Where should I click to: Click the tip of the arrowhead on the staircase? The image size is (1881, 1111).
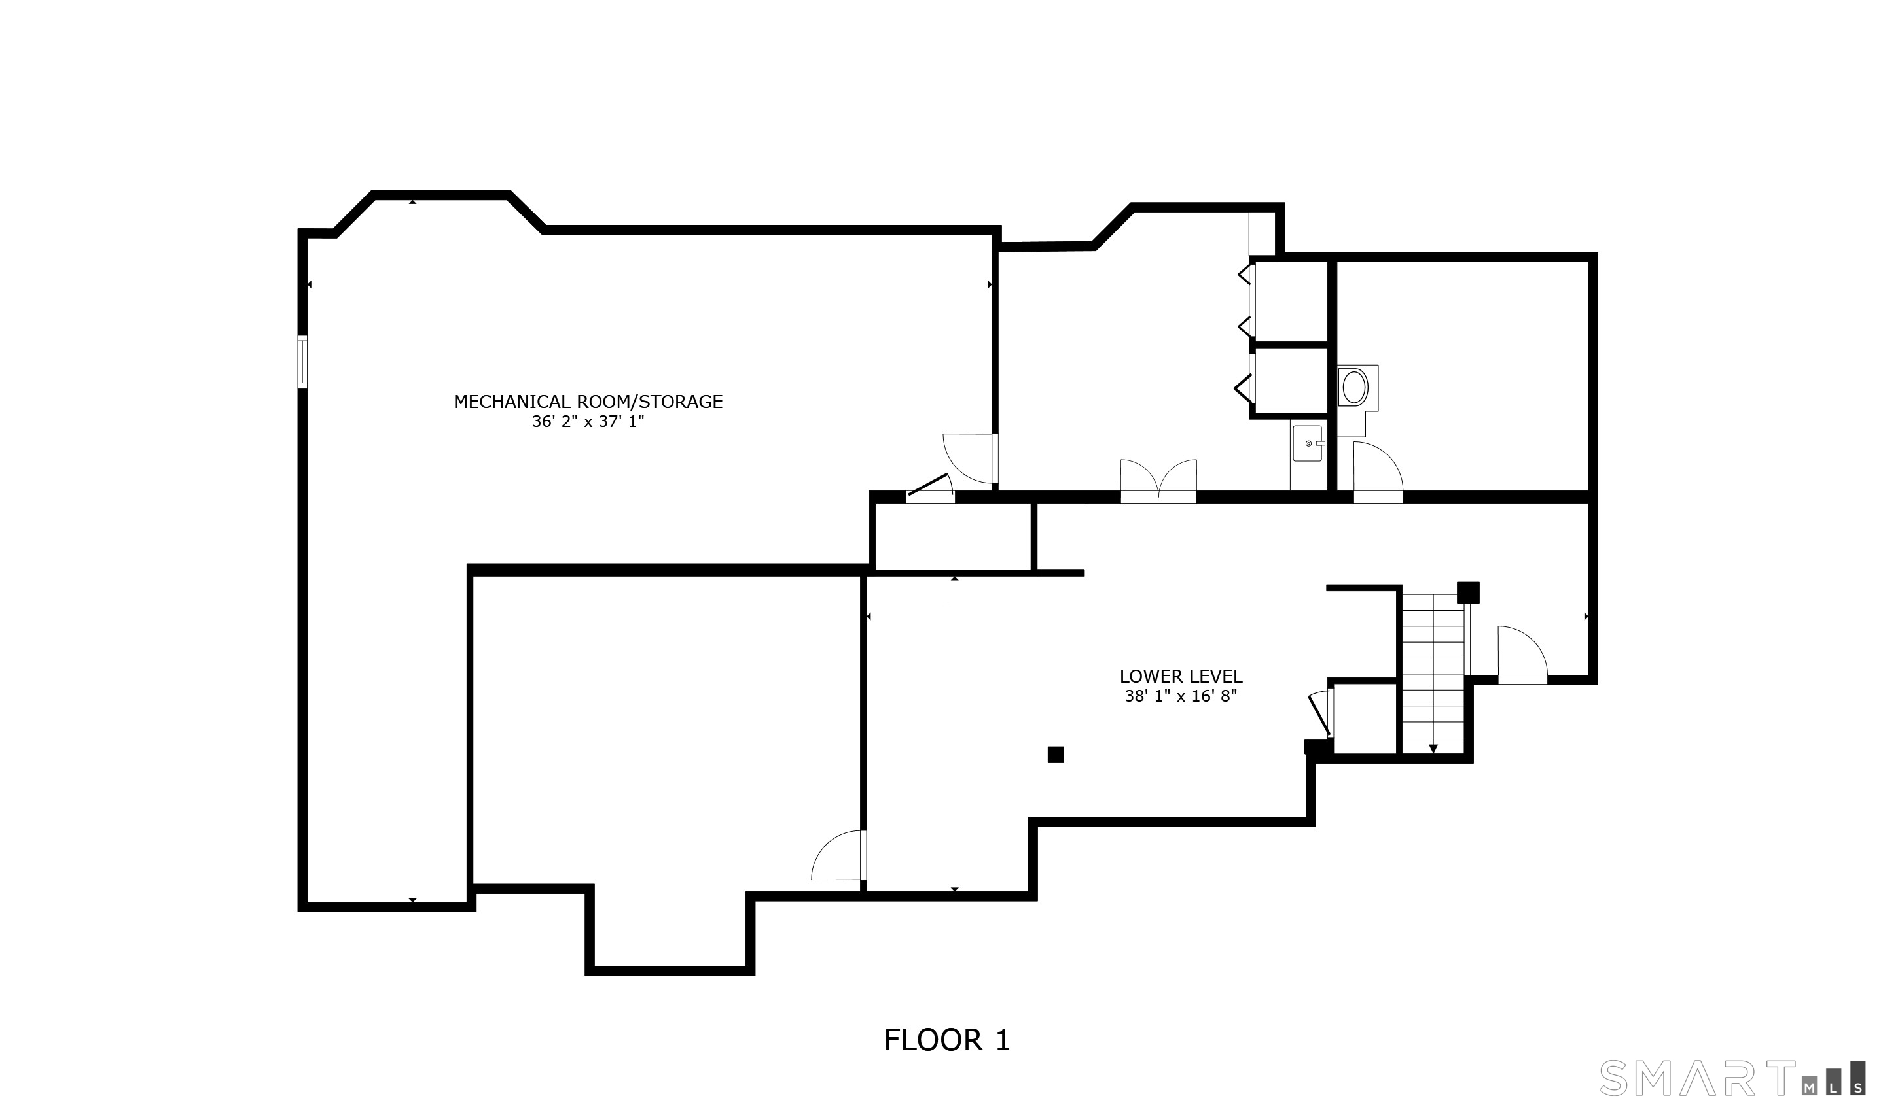click(x=1433, y=753)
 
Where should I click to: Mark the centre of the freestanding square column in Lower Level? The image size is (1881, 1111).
click(x=1056, y=755)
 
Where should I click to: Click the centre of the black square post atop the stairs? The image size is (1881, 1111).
click(x=1468, y=592)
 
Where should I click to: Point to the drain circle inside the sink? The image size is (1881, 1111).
click(x=1309, y=443)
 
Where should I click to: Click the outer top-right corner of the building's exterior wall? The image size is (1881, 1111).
click(x=1598, y=253)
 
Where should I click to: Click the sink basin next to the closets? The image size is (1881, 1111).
click(x=1307, y=443)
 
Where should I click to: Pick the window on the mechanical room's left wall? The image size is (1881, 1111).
click(x=302, y=362)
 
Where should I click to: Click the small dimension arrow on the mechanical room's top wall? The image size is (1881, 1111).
click(x=413, y=201)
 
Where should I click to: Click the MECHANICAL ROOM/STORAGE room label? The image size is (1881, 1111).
click(x=588, y=402)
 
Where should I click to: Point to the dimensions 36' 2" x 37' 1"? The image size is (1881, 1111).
click(x=588, y=422)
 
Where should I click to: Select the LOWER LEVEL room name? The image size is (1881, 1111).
click(x=1181, y=676)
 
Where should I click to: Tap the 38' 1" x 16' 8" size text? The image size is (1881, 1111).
click(x=1181, y=696)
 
